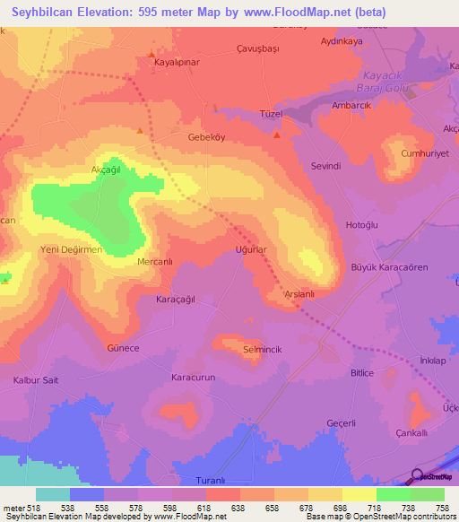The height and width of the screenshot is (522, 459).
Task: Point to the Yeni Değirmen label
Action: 73,250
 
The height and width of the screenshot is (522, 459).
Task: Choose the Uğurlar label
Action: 252,250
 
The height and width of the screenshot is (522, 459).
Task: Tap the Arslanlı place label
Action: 298,294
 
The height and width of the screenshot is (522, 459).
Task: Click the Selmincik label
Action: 262,347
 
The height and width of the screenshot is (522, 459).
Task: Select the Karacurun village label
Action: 195,378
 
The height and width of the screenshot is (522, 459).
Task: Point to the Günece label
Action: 123,347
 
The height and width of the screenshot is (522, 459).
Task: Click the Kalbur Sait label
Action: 36,380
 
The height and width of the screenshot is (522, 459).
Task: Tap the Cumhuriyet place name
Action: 421,153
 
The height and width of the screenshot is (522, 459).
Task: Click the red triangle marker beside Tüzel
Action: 276,135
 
